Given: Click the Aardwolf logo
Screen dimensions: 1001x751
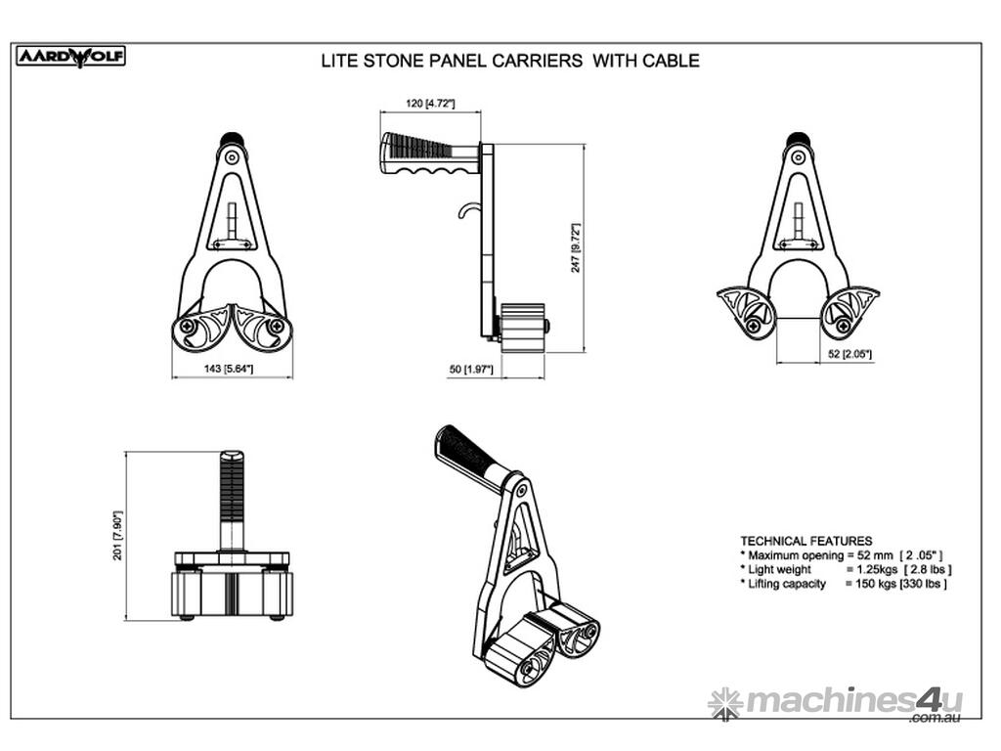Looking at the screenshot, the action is point(70,57).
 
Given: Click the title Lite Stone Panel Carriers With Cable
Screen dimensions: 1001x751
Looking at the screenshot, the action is point(510,61).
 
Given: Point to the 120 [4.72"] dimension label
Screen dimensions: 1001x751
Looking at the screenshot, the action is point(430,103).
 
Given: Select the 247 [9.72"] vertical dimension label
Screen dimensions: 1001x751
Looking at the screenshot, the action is point(576,247).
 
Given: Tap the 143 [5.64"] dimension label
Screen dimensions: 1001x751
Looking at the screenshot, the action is point(229,369).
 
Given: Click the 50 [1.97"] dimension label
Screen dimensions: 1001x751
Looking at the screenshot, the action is point(471,369).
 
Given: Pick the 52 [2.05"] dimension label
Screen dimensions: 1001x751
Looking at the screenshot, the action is point(849,354).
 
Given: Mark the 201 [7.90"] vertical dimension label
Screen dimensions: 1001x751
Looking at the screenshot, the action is point(117,535).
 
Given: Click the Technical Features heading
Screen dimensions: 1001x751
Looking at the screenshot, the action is point(806,541).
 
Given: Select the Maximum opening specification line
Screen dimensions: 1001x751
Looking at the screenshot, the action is point(842,555).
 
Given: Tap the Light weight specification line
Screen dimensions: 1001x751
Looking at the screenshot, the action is point(846,570).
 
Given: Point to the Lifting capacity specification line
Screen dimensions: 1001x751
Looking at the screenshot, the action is point(844,584).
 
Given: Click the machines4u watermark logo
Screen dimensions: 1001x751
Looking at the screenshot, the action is point(836,703).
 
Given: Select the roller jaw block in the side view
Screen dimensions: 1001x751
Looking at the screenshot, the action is point(523,328).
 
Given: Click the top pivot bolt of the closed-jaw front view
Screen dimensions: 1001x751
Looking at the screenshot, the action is point(232,156).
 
